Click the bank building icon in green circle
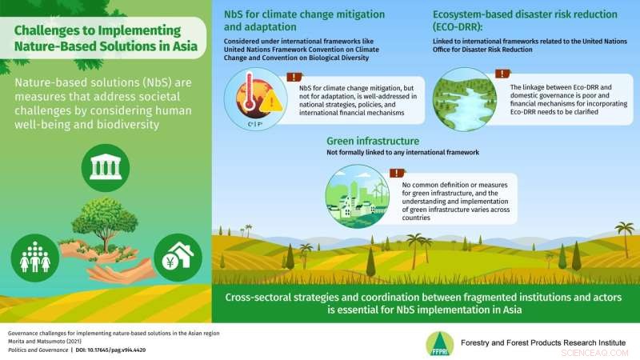pyautogui.click(x=106, y=167)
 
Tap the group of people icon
pyautogui.click(x=35, y=258)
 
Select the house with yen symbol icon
pyautogui.click(x=176, y=257)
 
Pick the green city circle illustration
pyautogui.click(x=357, y=196)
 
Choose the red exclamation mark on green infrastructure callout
pyautogui.click(x=395, y=172)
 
